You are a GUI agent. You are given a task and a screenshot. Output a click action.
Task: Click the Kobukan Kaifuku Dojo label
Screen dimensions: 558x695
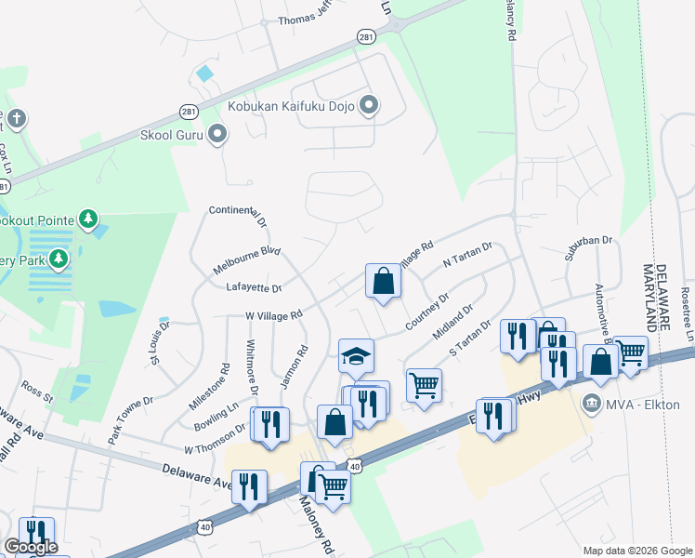(293, 106)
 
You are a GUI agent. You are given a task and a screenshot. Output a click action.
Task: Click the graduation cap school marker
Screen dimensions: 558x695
(355, 355)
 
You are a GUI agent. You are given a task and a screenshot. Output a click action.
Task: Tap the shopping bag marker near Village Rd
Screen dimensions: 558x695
(383, 281)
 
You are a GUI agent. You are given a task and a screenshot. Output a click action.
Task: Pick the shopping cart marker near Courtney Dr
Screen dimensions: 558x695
(424, 384)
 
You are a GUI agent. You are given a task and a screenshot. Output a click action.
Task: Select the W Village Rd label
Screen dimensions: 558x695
(274, 316)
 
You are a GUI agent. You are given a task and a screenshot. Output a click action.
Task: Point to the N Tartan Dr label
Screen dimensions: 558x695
(466, 258)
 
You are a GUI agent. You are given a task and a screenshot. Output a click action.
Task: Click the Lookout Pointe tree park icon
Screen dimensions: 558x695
(87, 219)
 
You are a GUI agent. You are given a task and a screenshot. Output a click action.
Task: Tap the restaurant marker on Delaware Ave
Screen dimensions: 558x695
(249, 486)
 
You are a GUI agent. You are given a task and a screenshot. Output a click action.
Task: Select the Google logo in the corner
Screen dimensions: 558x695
(31, 547)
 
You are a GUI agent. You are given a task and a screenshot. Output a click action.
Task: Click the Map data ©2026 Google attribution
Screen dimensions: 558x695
(636, 551)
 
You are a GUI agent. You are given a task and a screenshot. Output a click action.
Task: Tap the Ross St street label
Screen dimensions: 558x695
(39, 388)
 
